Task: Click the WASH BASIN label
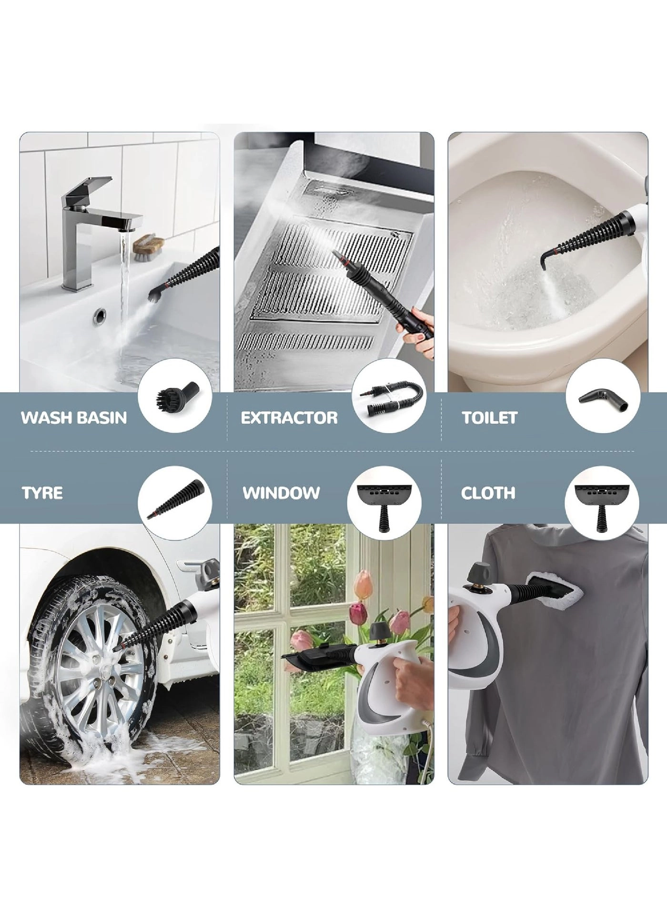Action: click(x=74, y=418)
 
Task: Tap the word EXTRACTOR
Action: click(x=289, y=418)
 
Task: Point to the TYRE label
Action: click(x=42, y=493)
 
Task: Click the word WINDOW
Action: click(x=281, y=493)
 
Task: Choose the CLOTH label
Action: click(x=488, y=493)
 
